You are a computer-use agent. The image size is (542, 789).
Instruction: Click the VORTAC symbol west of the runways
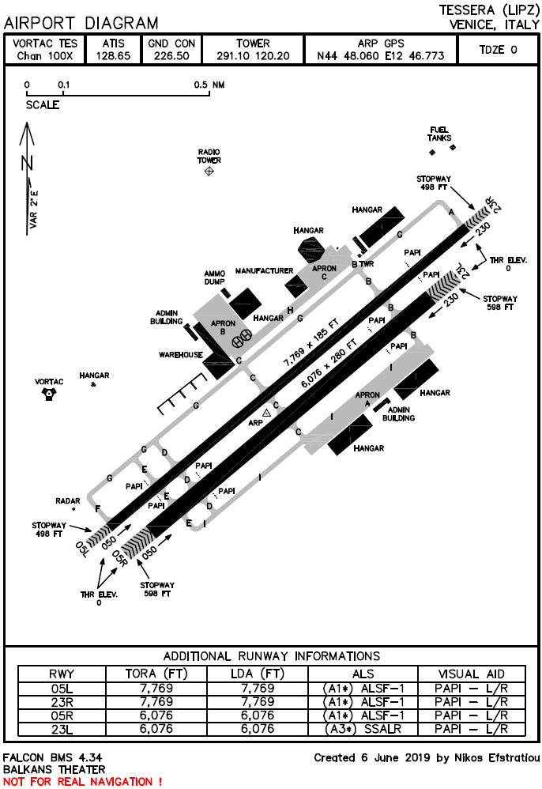(x=50, y=393)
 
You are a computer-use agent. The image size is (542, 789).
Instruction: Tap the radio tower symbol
(x=209, y=171)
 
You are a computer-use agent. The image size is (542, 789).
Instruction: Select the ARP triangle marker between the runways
(x=267, y=412)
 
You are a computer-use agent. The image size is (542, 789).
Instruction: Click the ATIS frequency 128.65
(x=112, y=56)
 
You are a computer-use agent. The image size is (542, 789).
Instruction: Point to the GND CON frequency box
(x=168, y=50)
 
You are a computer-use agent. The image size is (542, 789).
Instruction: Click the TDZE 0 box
(x=498, y=50)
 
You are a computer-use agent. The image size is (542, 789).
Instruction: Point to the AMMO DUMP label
(x=215, y=277)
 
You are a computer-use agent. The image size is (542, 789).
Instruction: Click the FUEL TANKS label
(x=439, y=134)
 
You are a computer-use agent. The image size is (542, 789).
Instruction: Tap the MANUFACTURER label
(x=264, y=270)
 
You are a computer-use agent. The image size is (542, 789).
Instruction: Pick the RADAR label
(x=68, y=501)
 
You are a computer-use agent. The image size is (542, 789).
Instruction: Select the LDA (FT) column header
(x=257, y=674)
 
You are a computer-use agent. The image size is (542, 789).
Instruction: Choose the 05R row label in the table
(x=61, y=715)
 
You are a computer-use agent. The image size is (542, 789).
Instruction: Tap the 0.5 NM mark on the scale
(x=209, y=85)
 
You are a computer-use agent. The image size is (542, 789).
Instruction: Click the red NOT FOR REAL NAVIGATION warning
(x=83, y=781)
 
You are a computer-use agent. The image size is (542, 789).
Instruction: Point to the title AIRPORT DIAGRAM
(x=81, y=24)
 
